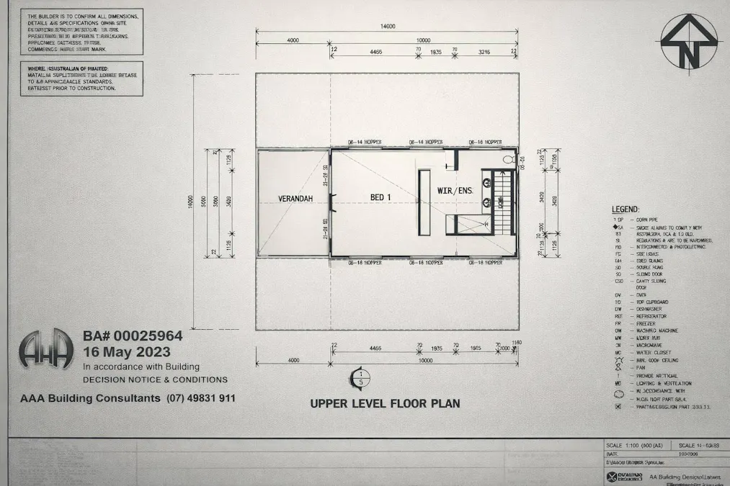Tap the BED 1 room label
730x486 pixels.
click(381, 197)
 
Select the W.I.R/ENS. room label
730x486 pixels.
click(455, 191)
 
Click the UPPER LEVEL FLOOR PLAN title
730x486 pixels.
click(385, 404)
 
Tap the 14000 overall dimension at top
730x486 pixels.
click(387, 27)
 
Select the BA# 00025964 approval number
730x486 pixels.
click(133, 336)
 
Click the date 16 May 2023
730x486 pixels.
click(127, 352)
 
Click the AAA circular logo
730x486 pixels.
click(46, 352)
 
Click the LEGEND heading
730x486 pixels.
click(625, 209)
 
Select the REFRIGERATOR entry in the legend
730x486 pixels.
click(651, 317)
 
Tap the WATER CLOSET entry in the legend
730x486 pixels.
click(652, 353)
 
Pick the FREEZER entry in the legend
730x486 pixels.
click(646, 324)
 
